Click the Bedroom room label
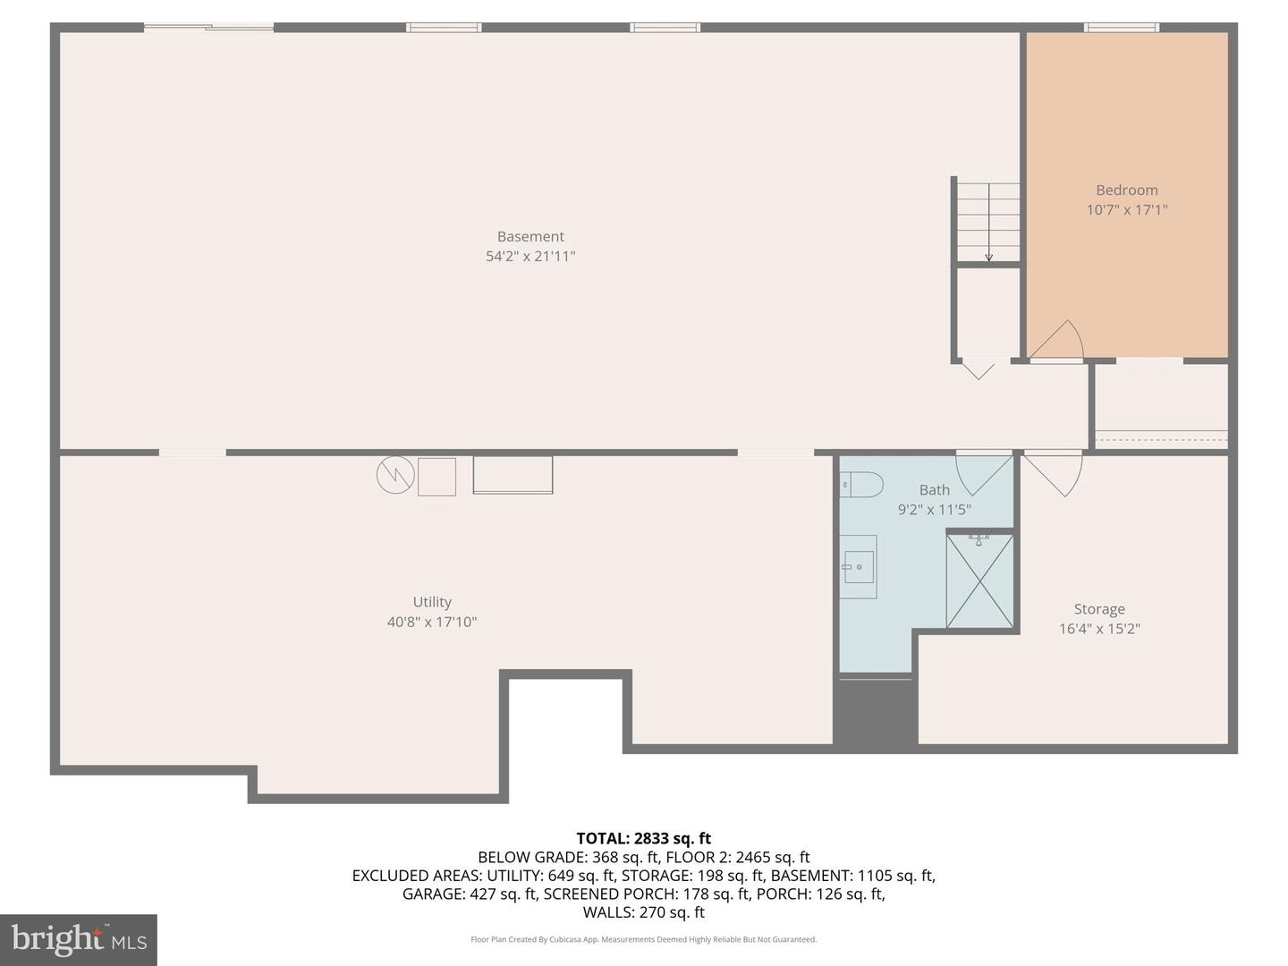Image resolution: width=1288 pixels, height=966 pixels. point(1126,190)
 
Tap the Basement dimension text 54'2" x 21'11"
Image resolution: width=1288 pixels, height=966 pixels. point(530,257)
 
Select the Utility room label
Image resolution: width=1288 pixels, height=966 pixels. point(432,602)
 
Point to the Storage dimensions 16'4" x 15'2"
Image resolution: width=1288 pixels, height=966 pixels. point(1099,629)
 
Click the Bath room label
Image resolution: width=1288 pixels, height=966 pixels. point(934,489)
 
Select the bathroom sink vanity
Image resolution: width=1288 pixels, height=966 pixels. point(858,567)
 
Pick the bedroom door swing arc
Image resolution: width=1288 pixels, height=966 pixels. point(1059,341)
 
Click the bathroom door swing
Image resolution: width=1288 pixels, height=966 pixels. point(982,472)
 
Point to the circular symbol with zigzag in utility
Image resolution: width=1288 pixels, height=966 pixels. point(394,476)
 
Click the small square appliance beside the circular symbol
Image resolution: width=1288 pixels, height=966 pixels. point(436,477)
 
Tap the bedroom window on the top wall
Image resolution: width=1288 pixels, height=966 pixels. point(1122,28)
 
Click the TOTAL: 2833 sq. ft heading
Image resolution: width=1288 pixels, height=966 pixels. point(643,838)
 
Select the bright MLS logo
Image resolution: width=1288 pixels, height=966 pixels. point(79,939)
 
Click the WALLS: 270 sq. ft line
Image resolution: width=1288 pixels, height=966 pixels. point(643,912)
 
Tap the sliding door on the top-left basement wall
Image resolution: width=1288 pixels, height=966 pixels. point(208,28)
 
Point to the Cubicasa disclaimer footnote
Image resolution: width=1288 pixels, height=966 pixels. point(643,939)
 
